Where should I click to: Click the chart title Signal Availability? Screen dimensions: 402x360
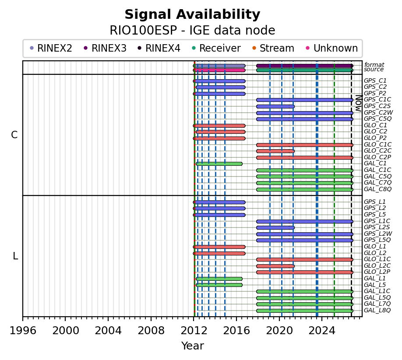192,14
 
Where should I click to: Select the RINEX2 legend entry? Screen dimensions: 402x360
51,48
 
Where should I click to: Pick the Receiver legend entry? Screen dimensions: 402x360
216,48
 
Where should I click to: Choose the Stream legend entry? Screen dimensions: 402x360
273,48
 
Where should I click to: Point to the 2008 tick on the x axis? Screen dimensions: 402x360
151,318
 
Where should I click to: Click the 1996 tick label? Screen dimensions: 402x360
23,331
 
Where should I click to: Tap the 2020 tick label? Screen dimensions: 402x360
279,331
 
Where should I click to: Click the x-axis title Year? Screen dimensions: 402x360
193,346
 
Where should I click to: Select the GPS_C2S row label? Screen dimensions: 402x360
377,106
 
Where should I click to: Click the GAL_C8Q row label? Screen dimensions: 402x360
377,189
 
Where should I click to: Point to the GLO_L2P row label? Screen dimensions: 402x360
377,272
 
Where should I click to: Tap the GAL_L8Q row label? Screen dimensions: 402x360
377,310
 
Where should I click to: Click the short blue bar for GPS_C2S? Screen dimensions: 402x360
275,107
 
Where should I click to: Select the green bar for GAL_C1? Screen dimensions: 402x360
219,164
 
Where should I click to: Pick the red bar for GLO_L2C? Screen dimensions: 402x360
275,266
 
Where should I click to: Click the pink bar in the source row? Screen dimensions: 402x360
219,70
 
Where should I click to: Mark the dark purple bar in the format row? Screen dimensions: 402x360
305,66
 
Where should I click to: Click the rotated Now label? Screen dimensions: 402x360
359,103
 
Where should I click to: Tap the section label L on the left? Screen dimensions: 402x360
15,256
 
